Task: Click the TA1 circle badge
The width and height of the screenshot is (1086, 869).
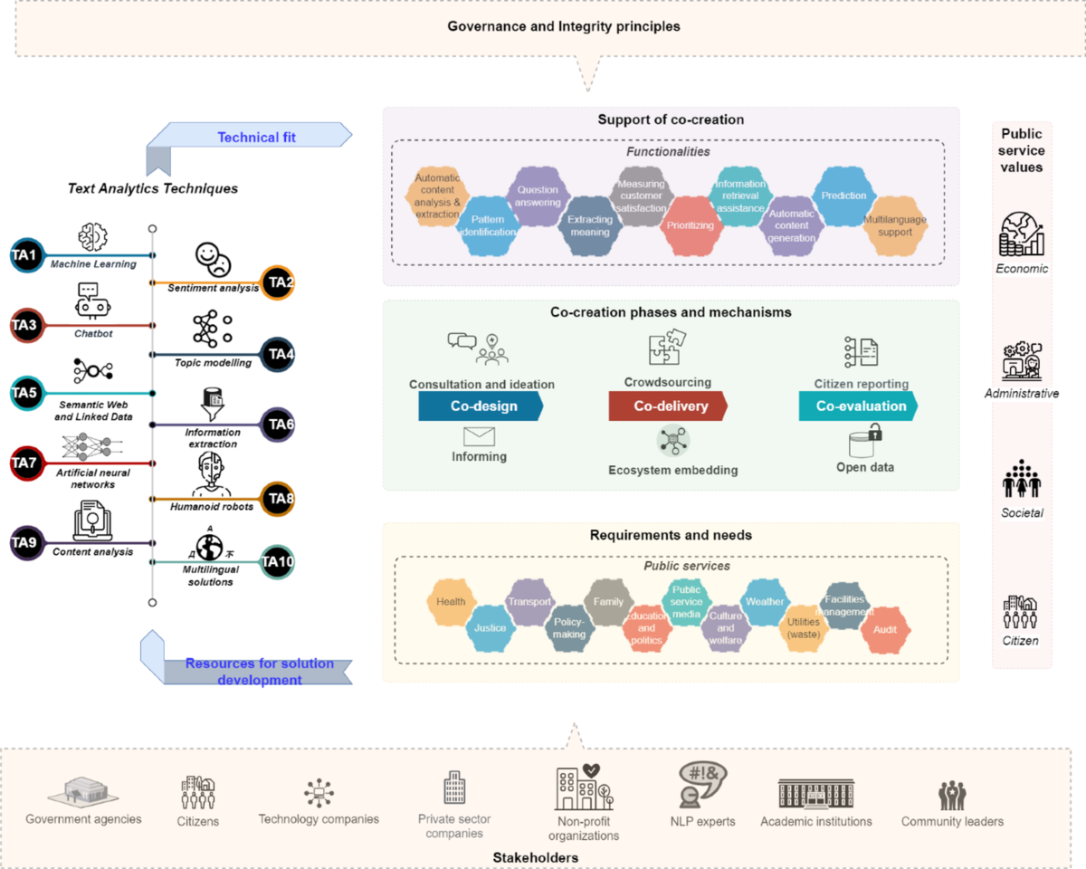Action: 24,255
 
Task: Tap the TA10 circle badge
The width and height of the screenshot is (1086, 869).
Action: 278,562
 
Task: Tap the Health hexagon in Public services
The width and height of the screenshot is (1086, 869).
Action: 451,602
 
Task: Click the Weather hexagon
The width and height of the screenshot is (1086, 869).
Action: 765,602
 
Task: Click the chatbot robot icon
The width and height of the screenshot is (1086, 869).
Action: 92,301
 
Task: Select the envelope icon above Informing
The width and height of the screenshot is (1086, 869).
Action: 479,436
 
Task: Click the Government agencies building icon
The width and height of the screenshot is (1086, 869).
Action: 83,791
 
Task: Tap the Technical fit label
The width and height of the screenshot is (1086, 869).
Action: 256,138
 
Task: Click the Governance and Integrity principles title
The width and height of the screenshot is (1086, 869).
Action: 564,26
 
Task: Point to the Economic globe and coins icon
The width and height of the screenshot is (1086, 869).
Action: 1022,234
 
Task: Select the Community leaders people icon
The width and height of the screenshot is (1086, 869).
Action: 951,796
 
